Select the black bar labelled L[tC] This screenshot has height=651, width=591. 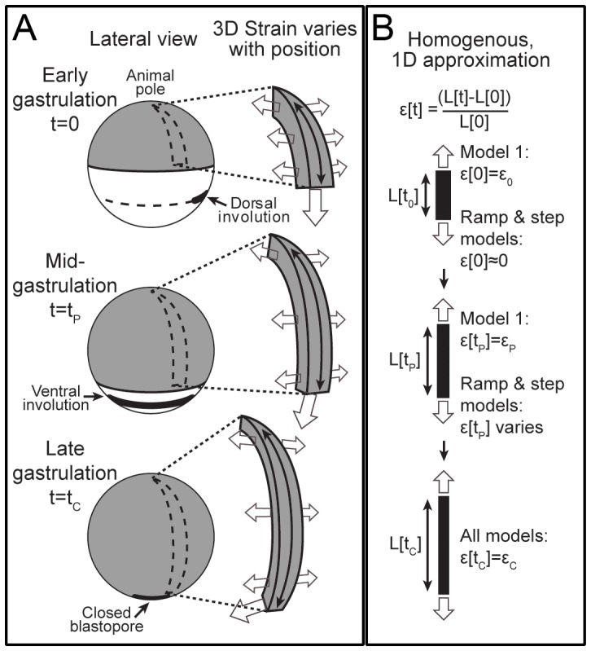[x=443, y=545]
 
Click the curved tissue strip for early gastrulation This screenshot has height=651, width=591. [x=301, y=139]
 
